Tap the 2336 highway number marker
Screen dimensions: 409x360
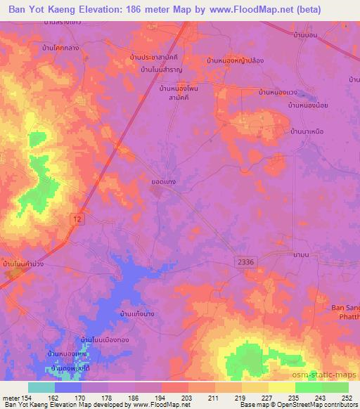coord(244,261)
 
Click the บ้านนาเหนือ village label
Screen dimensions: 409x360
coord(311,131)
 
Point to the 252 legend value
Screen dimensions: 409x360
coord(349,398)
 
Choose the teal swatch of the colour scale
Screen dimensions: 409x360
coord(41,387)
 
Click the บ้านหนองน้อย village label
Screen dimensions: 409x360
coord(307,105)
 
